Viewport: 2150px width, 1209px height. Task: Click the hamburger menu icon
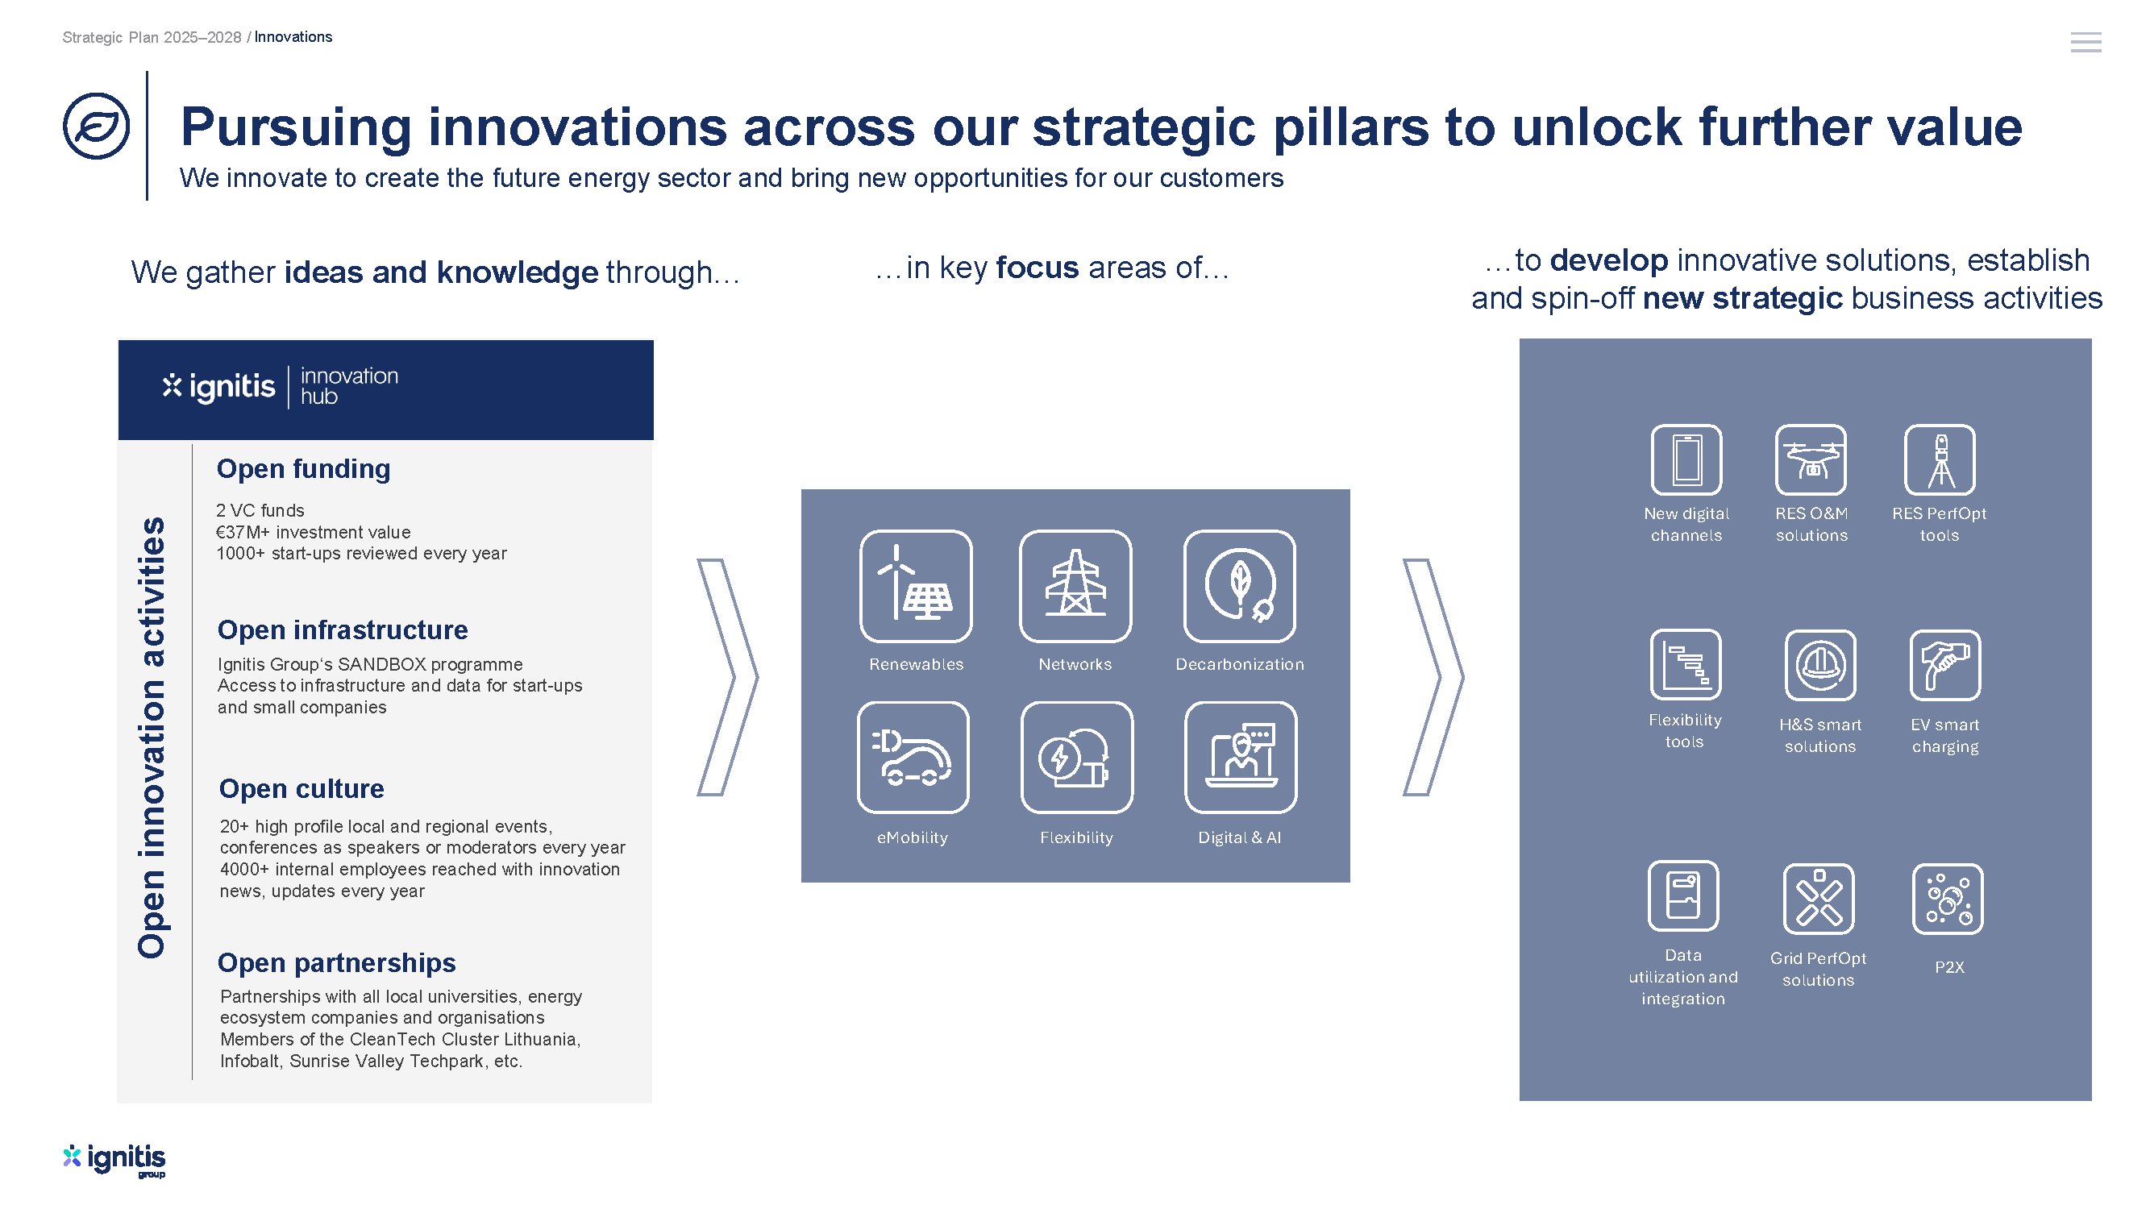coord(2085,42)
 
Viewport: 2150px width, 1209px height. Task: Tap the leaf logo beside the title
coord(97,126)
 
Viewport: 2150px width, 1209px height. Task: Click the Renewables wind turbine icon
coord(916,586)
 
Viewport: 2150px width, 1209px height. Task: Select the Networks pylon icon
coord(1075,586)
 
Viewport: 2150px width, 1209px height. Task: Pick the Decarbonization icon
coord(1239,586)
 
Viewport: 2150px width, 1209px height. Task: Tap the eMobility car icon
coord(913,757)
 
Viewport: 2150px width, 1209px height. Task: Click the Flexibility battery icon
coord(1077,757)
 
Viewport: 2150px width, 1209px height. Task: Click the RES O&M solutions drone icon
coord(1811,459)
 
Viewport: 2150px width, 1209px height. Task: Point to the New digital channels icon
coord(1686,459)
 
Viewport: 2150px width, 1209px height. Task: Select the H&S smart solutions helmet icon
coord(1819,665)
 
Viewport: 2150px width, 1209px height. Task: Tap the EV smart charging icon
coord(1944,665)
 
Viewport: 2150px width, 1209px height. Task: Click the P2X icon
coord(1947,899)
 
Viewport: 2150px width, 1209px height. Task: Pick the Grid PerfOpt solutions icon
coord(1818,899)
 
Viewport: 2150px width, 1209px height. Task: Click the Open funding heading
coord(303,469)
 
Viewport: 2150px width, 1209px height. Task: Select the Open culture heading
coord(301,788)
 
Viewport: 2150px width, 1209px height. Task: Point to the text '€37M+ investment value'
coord(313,532)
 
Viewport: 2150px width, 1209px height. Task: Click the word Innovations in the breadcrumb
coord(293,37)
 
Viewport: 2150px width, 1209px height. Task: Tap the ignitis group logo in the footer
coord(114,1160)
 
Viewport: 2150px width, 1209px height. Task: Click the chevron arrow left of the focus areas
coord(728,677)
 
